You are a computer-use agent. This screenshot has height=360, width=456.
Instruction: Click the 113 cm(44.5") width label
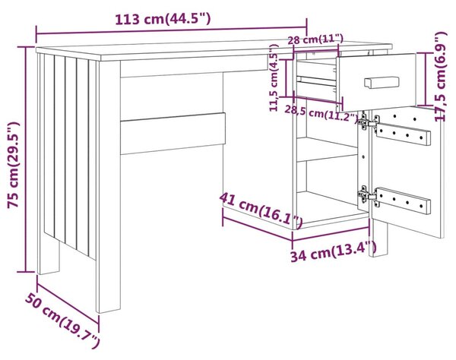[x=163, y=20]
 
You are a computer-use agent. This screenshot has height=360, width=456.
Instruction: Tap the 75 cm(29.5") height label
[x=14, y=165]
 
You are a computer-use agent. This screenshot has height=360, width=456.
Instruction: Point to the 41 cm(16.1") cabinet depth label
[x=261, y=209]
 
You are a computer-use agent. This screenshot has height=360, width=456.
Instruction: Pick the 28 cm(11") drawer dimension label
[x=315, y=39]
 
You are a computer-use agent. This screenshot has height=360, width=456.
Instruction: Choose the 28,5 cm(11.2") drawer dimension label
[x=321, y=113]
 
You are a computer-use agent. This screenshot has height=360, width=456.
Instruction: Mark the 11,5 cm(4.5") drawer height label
[x=274, y=78]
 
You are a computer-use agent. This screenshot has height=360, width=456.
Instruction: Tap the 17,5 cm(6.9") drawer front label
[x=441, y=77]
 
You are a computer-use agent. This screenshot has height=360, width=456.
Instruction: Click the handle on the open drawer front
[x=382, y=82]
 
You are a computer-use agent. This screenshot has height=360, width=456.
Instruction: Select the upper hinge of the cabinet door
[x=368, y=122]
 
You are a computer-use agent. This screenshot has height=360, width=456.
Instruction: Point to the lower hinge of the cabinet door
[x=368, y=196]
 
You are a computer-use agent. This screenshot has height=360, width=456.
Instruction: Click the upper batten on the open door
[x=404, y=134]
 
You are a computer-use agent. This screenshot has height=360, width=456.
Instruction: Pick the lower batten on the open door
[x=404, y=201]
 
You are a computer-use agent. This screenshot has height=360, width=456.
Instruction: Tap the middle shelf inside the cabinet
[x=327, y=150]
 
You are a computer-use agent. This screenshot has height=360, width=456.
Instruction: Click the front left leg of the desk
[x=108, y=187]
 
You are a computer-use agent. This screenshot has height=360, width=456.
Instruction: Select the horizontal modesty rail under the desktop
[x=173, y=134]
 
